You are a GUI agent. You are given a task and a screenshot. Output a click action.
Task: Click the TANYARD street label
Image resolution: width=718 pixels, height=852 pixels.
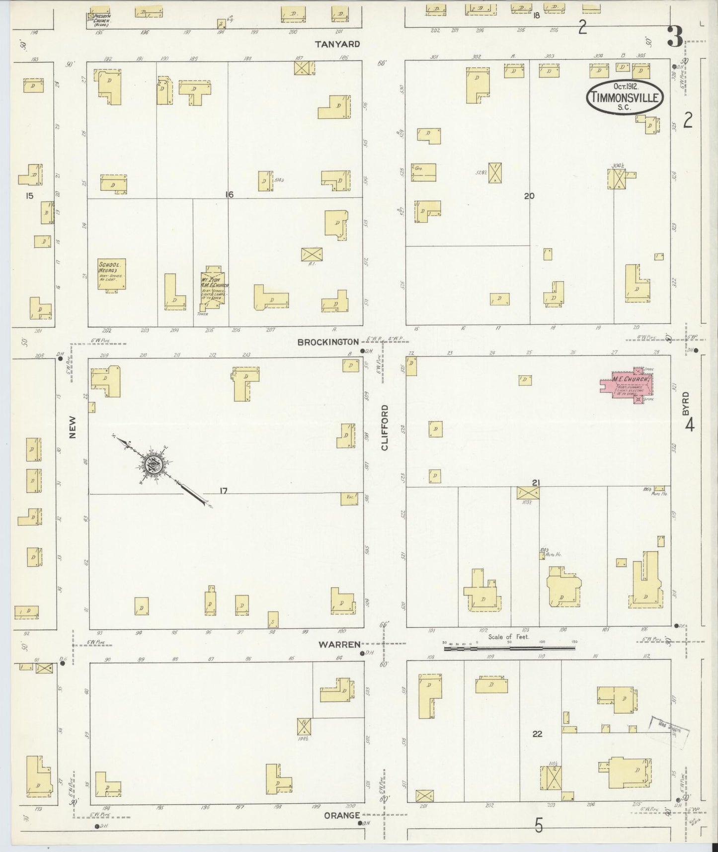(x=337, y=44)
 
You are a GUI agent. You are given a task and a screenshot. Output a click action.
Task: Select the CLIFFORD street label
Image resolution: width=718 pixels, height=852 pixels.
(x=385, y=427)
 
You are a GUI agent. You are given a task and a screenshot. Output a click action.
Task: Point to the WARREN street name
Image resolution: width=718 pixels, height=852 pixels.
(x=339, y=644)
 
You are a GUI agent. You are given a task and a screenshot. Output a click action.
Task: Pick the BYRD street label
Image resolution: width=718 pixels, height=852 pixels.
(x=686, y=404)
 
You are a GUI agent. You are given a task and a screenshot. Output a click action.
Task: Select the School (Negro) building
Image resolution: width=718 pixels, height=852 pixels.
(x=112, y=273)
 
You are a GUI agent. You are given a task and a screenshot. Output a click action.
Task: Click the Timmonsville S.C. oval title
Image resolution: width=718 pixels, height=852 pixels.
(x=625, y=97)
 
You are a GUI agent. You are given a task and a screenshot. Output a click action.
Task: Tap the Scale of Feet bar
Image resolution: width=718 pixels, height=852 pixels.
(x=509, y=648)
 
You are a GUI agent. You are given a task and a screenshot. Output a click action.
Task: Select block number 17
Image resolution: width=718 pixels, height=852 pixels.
(x=224, y=491)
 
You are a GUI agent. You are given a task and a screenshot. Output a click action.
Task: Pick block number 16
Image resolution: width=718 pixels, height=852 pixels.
(x=229, y=194)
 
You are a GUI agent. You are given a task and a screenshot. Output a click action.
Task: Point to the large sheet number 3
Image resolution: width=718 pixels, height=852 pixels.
(x=675, y=36)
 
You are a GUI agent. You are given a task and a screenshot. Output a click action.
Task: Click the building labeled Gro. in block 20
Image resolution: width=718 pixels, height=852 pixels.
(x=423, y=172)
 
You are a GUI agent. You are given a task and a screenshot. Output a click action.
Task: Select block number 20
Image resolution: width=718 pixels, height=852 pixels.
(x=529, y=196)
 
